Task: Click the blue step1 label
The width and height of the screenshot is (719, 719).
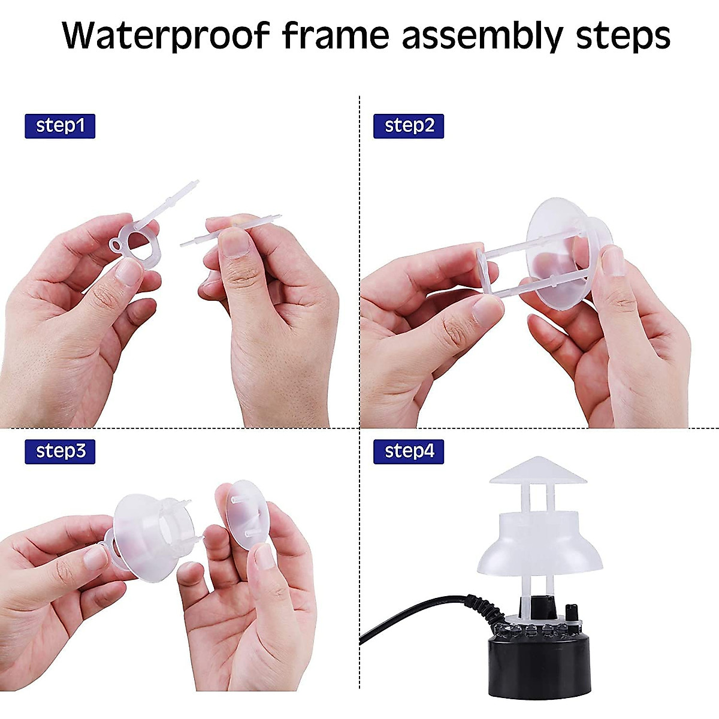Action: point(60,126)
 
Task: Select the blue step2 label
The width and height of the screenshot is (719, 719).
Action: point(409,126)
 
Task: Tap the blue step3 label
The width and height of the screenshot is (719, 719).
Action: point(60,451)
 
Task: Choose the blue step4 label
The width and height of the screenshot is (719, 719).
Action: point(409,451)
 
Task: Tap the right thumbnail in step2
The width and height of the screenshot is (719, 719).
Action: point(613,261)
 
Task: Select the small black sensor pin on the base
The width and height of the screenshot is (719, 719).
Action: point(571,613)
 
